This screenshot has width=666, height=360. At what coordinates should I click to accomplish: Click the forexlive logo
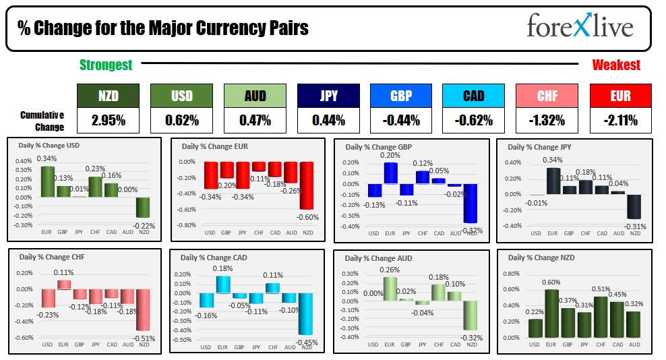click(579, 27)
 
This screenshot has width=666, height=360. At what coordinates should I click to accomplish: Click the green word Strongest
click(106, 65)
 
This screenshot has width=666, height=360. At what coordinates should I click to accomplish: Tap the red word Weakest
click(616, 65)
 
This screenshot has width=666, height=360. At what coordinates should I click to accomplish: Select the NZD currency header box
click(108, 96)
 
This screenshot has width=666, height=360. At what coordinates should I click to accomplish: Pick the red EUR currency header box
click(620, 96)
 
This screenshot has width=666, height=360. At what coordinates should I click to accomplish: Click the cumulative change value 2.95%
click(108, 121)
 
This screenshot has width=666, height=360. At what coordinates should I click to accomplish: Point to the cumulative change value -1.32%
click(547, 121)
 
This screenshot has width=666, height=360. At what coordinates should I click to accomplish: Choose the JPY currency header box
click(328, 96)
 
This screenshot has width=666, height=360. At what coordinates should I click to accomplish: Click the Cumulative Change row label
click(42, 121)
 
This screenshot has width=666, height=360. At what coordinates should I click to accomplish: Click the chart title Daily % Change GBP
click(378, 147)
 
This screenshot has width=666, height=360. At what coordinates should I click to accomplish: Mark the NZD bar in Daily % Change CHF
click(142, 309)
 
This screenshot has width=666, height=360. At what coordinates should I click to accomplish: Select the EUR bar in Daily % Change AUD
click(390, 288)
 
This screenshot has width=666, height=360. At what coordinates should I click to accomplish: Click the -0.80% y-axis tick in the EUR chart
click(185, 225)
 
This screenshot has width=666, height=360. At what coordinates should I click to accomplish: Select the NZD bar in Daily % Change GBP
click(469, 203)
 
